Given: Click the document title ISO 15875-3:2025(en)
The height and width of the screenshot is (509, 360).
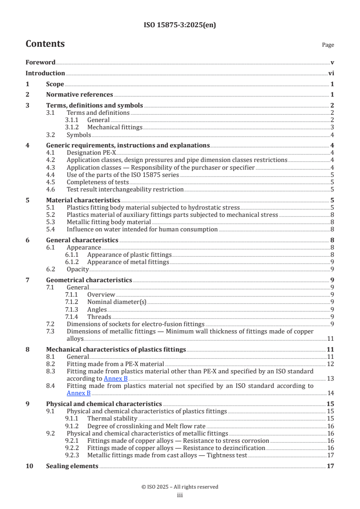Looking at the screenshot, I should (180, 25).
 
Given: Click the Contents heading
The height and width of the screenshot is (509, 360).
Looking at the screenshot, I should (45, 44).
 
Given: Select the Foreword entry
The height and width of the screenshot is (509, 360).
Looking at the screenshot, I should (40, 62).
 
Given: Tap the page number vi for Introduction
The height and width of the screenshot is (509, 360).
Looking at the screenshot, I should (331, 73).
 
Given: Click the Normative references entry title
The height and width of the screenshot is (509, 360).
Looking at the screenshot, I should (79, 94).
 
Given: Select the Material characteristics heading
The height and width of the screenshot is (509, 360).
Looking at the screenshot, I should (83, 200).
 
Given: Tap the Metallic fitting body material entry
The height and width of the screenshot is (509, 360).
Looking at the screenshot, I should (108, 222).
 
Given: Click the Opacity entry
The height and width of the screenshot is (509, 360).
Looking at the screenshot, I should (78, 269).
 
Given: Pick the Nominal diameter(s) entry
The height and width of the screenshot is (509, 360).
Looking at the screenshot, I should (117, 302).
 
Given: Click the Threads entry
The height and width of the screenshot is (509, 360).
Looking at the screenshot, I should (99, 317).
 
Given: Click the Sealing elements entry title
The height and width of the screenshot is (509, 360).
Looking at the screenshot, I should (72, 466).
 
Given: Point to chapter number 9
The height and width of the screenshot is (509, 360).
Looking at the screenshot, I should (28, 404).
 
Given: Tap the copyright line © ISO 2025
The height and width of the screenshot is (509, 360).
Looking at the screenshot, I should (180, 487).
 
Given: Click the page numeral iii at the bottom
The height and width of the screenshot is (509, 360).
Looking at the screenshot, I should (180, 495).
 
